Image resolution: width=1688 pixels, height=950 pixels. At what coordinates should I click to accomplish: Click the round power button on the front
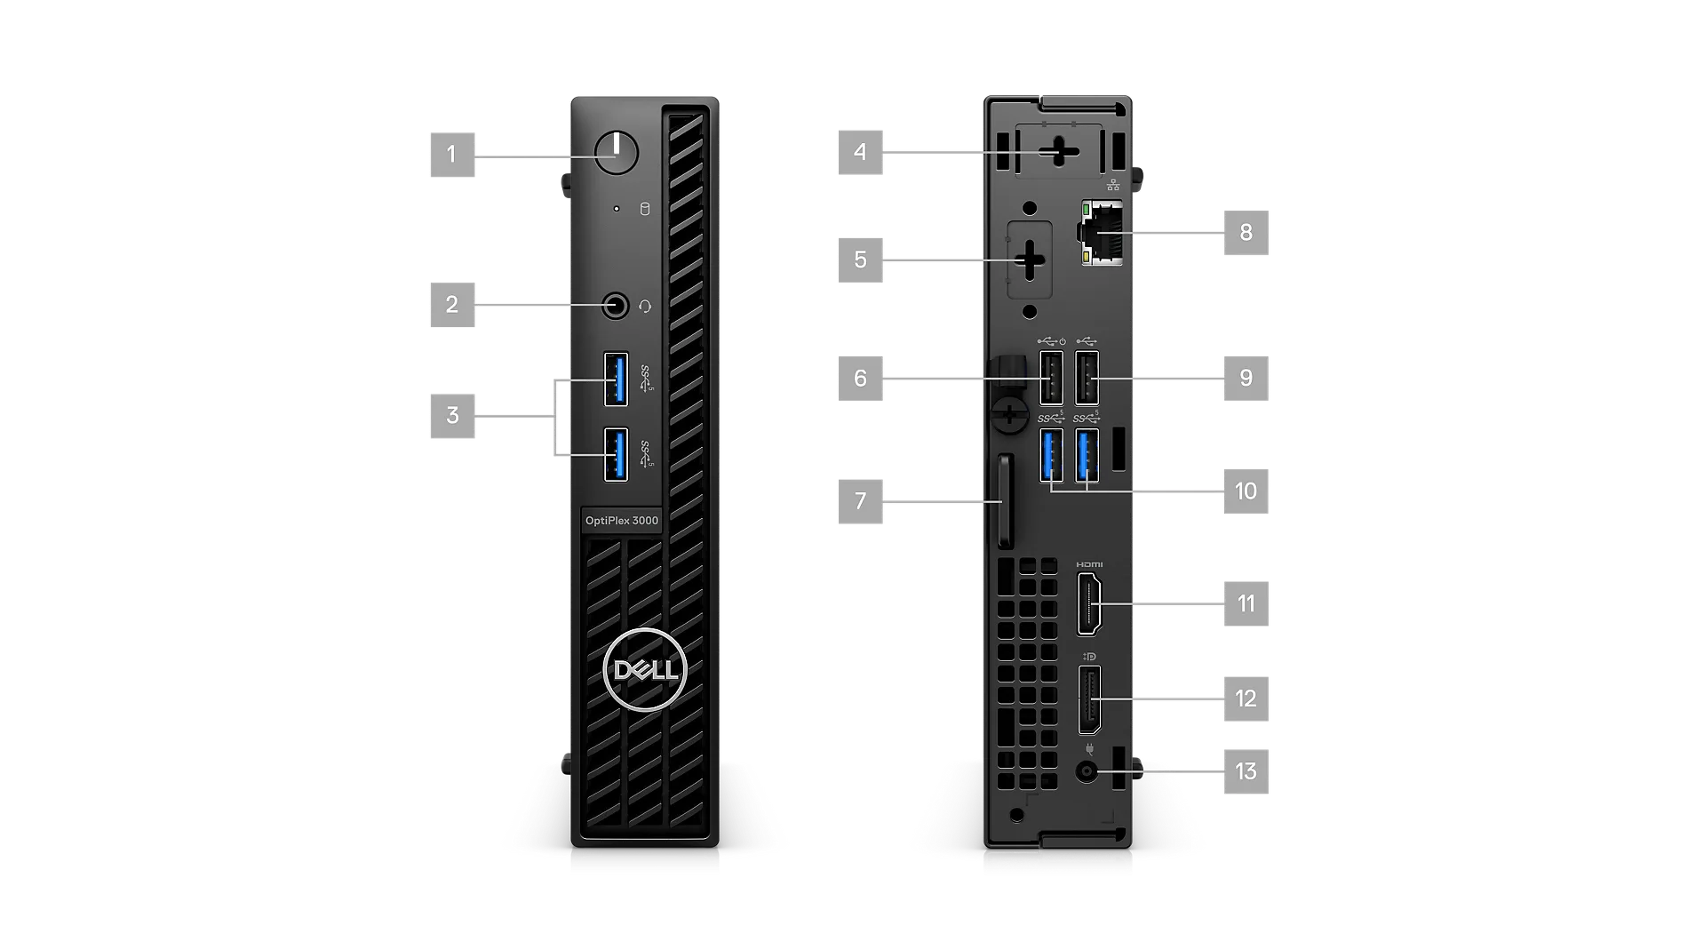coord(617,153)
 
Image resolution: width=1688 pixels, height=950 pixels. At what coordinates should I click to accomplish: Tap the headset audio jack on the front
coord(615,307)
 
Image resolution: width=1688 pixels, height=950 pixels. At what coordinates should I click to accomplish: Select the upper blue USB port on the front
coord(616,379)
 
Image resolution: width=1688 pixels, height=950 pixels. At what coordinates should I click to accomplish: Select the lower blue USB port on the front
coord(616,454)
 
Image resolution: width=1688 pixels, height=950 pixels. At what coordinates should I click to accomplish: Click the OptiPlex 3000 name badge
coord(622,521)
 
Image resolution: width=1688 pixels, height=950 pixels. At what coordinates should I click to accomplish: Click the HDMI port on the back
coord(1089,604)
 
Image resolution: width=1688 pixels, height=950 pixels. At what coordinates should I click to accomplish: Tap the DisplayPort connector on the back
coord(1089,700)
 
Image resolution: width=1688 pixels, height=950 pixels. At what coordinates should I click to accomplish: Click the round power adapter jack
coord(1087,771)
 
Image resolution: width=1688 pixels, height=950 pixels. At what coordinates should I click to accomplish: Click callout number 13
coord(1246,771)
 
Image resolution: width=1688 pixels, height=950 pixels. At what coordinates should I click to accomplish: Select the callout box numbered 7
coord(860,501)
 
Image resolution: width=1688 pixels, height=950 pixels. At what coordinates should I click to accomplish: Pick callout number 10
coord(1246,491)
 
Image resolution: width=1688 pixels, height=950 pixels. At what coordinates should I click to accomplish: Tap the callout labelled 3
coord(452,416)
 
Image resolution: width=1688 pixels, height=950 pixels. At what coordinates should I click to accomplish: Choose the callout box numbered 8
coord(1246,233)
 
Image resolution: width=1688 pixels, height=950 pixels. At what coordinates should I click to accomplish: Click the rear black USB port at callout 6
coord(1051,379)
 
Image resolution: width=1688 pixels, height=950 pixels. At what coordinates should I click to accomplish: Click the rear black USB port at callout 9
coord(1087,379)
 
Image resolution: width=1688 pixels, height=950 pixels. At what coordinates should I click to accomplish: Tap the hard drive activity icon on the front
coord(645,210)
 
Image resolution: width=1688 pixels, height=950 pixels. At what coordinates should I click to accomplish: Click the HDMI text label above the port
coord(1089,564)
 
